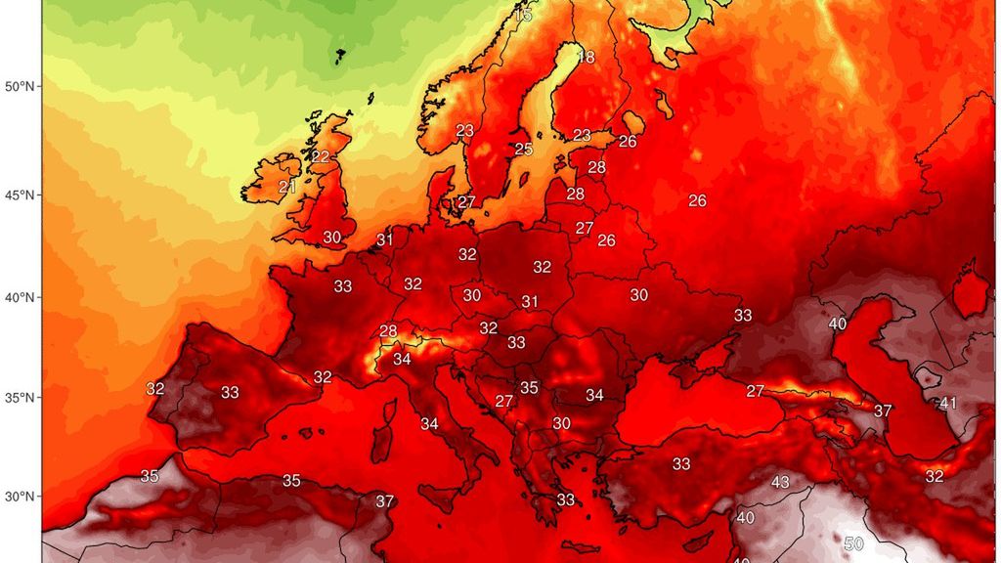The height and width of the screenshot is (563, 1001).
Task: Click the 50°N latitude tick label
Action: [x=20, y=87]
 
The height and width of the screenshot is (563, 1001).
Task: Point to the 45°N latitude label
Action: [x=20, y=195]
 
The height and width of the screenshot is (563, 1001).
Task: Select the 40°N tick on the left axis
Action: [x=20, y=297]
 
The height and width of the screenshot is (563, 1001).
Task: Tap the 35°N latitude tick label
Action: [x=20, y=398]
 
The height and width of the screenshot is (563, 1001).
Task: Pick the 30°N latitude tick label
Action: [x=20, y=496]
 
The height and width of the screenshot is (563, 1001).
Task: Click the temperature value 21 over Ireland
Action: [x=287, y=187]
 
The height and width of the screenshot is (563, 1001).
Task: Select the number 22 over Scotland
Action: [x=321, y=156]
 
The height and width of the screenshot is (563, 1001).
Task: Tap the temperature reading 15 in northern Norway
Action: [x=523, y=16]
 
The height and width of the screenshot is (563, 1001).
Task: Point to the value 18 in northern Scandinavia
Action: [x=586, y=57]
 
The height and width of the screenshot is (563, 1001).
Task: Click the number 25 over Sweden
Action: [x=524, y=150]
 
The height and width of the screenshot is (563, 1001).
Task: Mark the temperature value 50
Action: [x=854, y=543]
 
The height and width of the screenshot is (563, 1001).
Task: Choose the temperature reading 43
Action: [x=780, y=482]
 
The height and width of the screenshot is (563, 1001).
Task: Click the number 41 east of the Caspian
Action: [x=948, y=403]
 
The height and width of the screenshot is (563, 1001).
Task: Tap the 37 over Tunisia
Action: [x=385, y=501]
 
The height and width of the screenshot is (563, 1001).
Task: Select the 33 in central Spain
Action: [x=230, y=393]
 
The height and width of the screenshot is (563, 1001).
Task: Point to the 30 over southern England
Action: [x=332, y=238]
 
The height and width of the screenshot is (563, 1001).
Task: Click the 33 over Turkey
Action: [x=681, y=463]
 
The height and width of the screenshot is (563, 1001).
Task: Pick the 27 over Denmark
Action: [x=466, y=202]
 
